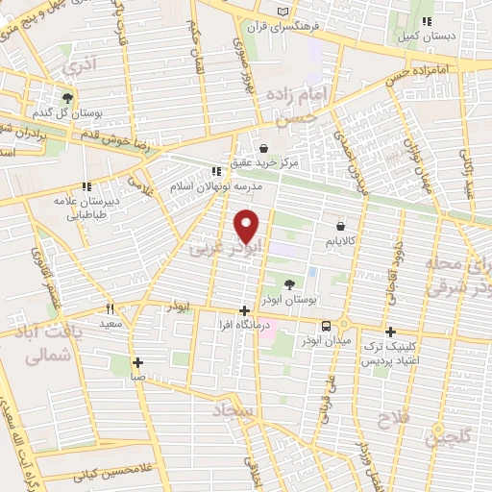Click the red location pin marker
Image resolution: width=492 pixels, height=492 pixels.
[247, 226]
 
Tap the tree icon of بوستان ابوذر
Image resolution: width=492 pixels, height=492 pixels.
[290, 283]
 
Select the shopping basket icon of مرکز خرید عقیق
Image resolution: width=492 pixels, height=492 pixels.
[263, 148]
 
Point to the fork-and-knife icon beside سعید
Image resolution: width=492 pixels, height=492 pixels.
[110, 309]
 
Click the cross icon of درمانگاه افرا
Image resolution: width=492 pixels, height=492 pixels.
[245, 310]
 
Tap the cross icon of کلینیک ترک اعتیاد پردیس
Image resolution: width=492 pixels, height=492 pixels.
[390, 331]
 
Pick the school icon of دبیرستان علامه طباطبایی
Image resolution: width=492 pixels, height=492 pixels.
[86, 185]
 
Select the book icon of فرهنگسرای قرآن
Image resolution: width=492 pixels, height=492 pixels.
[282, 12]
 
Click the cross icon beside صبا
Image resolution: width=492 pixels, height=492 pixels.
[139, 362]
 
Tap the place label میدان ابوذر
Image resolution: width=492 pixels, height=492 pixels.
[303, 340]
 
